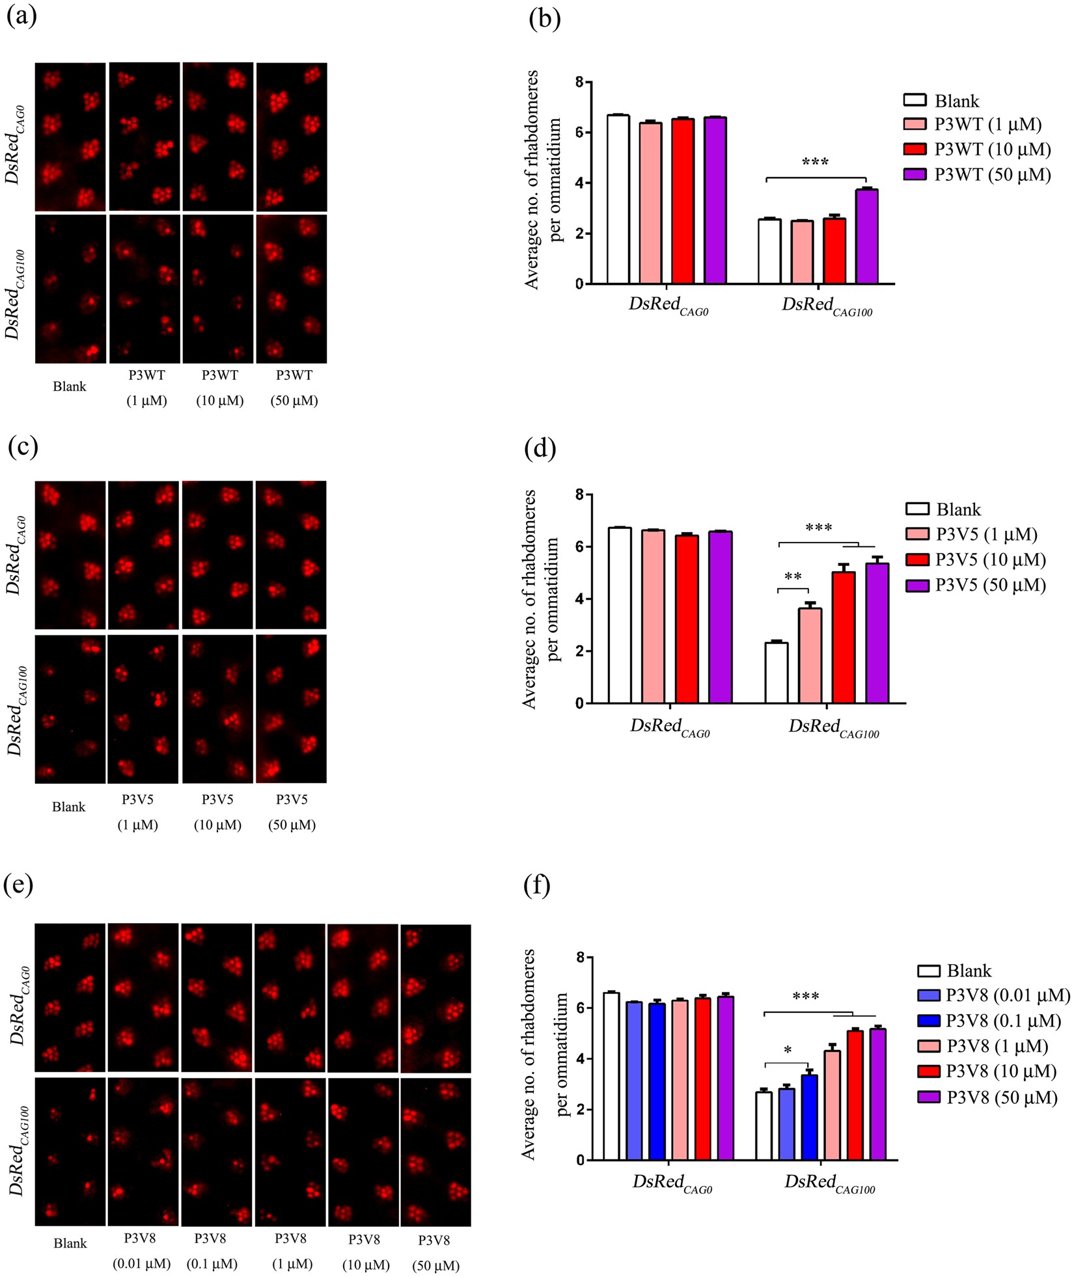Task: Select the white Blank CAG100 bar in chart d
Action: pos(777,673)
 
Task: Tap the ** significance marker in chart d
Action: pos(793,577)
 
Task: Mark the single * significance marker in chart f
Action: pos(788,1051)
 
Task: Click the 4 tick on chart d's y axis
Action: pos(579,599)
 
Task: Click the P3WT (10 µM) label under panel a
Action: pos(220,388)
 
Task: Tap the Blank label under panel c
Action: pos(69,807)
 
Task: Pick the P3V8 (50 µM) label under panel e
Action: pos(435,1252)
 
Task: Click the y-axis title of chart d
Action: pos(539,598)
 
